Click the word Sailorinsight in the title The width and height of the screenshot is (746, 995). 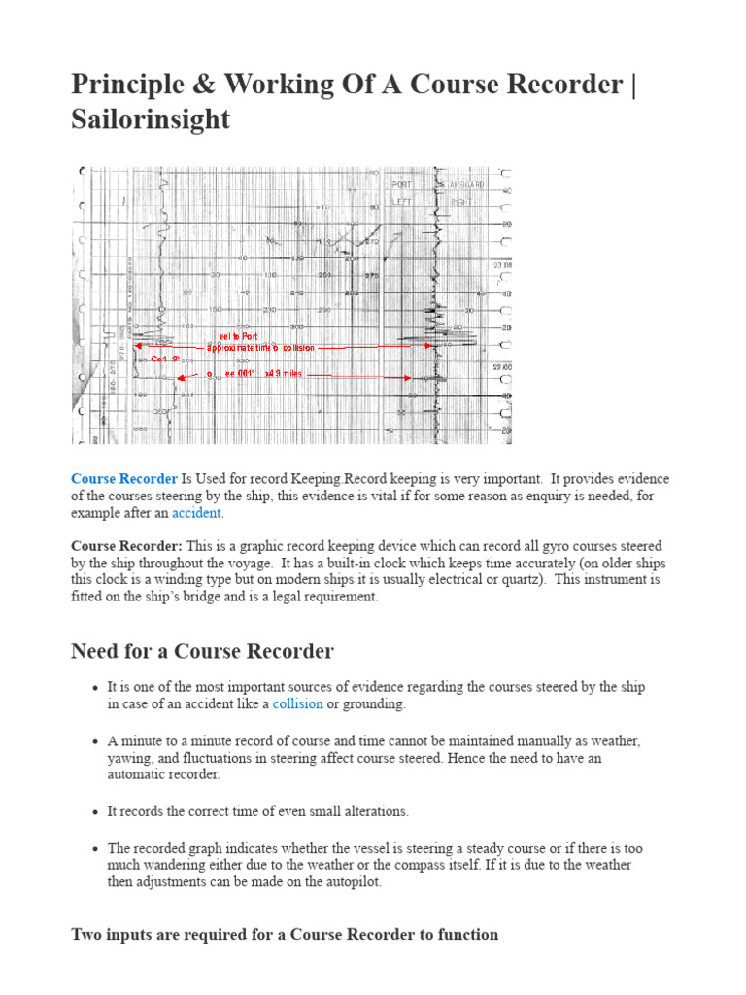coord(151,120)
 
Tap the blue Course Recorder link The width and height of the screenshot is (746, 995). coord(124,479)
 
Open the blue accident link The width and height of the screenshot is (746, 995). coord(197,512)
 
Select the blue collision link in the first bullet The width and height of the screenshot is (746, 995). coord(297,703)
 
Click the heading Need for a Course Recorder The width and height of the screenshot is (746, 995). coord(202,651)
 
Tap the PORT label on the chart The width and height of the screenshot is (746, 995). coord(401,184)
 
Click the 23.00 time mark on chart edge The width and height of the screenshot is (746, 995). coord(502,262)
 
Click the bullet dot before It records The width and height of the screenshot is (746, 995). coord(95,811)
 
